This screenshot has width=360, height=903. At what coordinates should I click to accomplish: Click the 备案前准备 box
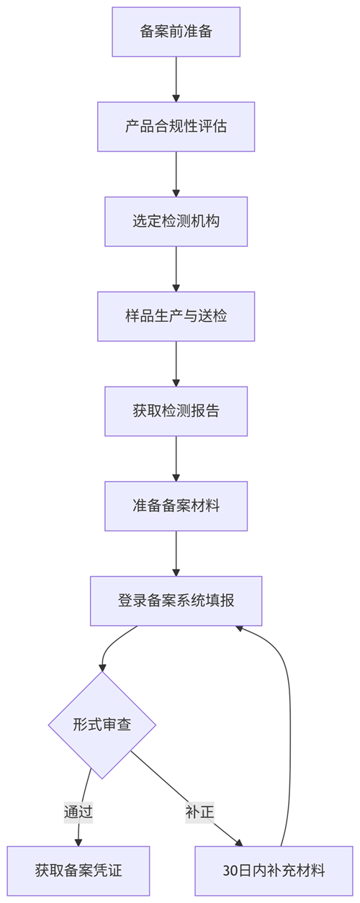[176, 32]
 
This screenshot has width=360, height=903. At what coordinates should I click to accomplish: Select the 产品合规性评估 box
[176, 127]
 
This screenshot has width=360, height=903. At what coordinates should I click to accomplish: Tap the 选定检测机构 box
[176, 221]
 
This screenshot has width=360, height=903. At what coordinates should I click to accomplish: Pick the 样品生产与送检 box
[176, 316]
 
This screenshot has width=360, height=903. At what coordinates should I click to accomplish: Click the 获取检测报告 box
[176, 411]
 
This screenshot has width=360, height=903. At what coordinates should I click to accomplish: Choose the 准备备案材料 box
[176, 506]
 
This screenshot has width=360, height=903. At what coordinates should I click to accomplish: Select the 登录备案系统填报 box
[176, 601]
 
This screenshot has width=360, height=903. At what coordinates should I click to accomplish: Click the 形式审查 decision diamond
[102, 725]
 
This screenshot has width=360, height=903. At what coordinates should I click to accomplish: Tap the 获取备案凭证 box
[78, 871]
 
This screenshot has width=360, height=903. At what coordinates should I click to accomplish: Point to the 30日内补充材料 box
[274, 871]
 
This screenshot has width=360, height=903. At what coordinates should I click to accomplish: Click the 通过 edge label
[78, 812]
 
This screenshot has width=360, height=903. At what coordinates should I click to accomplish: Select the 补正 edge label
[199, 812]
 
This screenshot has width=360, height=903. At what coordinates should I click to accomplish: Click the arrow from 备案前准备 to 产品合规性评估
[176, 79]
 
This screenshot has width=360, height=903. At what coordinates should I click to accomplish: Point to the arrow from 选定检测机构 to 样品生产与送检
[176, 269]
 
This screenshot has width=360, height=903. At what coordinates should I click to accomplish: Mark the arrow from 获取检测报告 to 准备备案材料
[176, 459]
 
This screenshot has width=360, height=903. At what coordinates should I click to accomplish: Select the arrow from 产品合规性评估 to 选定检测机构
[176, 174]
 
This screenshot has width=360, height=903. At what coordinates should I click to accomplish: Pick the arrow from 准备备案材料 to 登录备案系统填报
[176, 554]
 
